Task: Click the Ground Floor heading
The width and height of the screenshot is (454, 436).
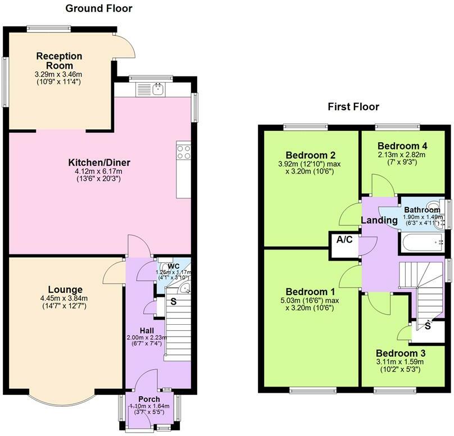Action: point(99,8)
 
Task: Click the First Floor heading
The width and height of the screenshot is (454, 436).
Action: point(353,107)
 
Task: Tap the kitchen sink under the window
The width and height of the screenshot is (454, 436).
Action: point(158,89)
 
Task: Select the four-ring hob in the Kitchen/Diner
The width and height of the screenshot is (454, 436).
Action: point(184,152)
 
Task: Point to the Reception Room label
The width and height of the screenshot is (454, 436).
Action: point(59,61)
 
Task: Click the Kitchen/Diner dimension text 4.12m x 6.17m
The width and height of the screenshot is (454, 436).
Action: point(98,171)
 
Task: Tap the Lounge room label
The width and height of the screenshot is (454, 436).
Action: point(65,289)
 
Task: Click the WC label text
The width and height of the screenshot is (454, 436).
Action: point(174,266)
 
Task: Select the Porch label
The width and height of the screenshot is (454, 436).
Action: point(149,399)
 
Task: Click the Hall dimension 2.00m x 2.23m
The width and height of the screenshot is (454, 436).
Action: point(147,338)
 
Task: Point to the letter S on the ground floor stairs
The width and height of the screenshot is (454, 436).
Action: point(174,302)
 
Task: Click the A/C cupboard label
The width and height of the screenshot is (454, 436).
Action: point(344,239)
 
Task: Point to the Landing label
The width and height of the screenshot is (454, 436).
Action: point(379,220)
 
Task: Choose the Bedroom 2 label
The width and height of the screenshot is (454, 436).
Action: point(310,155)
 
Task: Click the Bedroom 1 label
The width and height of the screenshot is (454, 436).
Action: point(310,292)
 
